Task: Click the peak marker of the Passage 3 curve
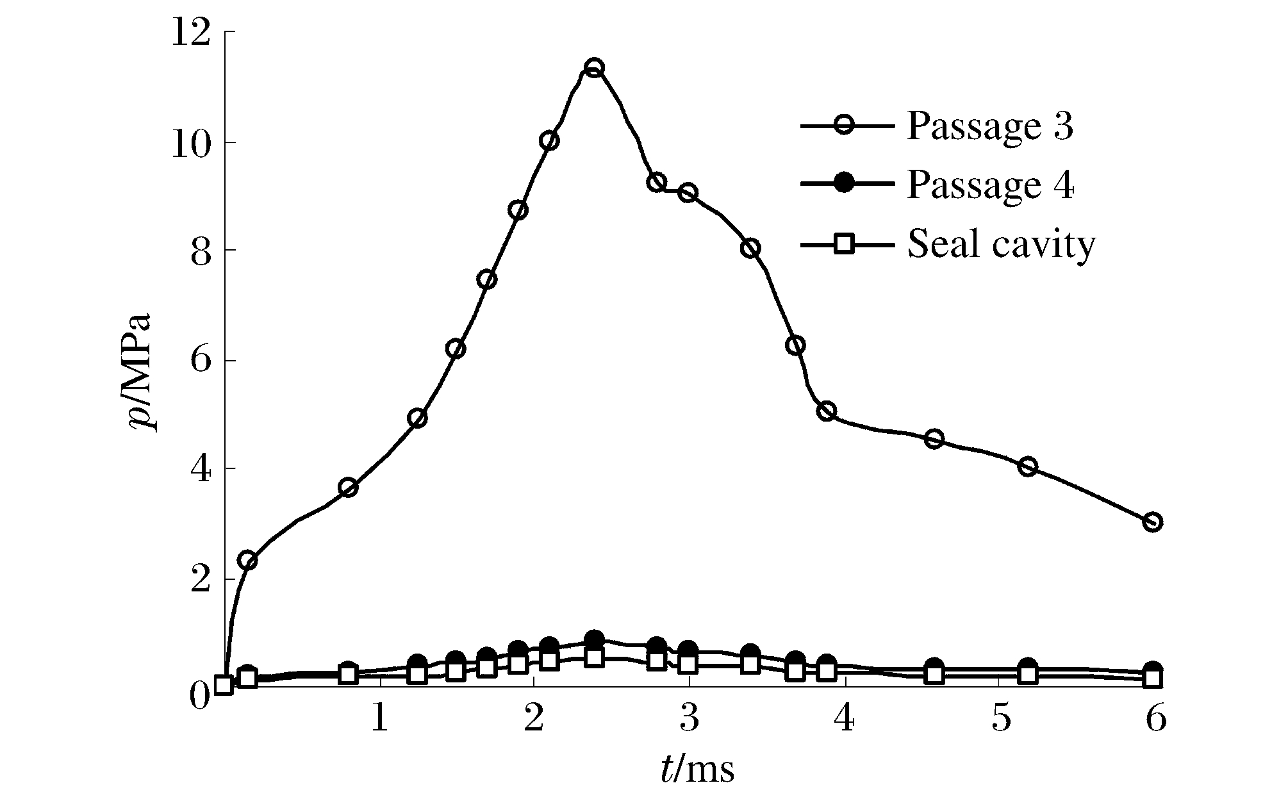click(594, 67)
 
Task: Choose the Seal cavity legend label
click(1001, 243)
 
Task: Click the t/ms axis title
click(697, 769)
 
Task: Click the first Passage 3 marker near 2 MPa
click(247, 561)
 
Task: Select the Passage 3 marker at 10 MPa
click(549, 140)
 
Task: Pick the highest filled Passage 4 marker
click(594, 639)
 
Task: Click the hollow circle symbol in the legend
click(845, 126)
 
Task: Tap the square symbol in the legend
click(845, 243)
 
